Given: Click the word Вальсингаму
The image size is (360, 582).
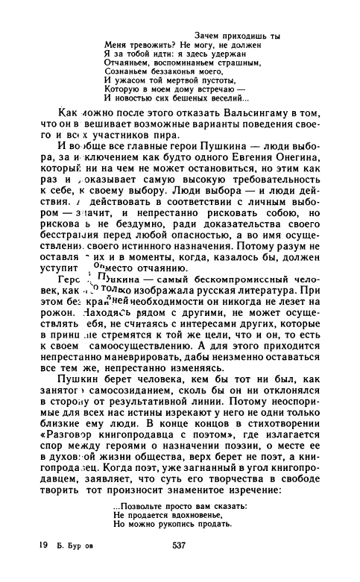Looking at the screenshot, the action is tap(235, 108).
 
